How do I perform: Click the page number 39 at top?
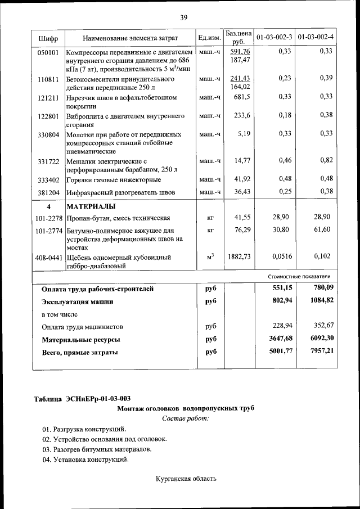(183, 18)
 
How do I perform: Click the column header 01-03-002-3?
(274, 38)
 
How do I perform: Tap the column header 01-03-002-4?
(316, 38)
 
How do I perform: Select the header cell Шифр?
(48, 38)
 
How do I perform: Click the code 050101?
(48, 52)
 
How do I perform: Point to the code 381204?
(48, 192)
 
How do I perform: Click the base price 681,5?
(242, 97)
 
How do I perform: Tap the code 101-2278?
(48, 218)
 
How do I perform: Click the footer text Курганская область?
(186, 479)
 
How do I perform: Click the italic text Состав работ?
(185, 418)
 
